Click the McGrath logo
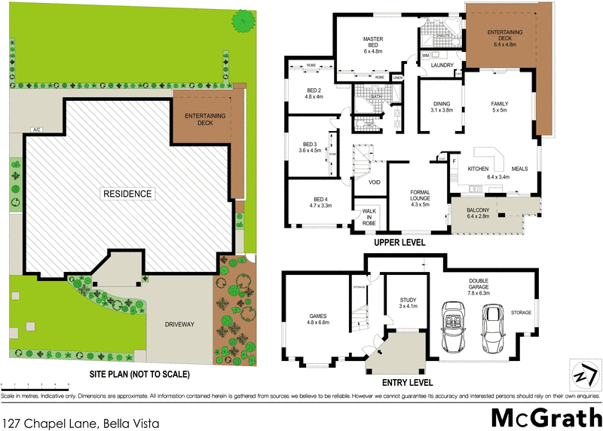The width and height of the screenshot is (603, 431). pyautogui.click(x=546, y=417)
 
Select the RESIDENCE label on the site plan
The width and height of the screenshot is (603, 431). pyautogui.click(x=127, y=194)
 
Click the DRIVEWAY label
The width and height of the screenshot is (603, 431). pyautogui.click(x=180, y=324)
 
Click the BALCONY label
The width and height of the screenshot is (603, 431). pyautogui.click(x=478, y=212)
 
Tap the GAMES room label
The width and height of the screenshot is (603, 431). pyautogui.click(x=317, y=319)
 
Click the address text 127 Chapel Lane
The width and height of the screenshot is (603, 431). pyautogui.click(x=83, y=423)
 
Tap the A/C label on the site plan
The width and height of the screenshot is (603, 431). pyautogui.click(x=35, y=129)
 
